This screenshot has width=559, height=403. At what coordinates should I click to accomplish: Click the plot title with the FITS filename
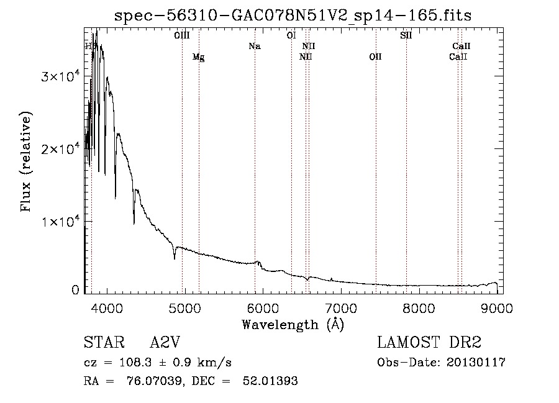click(293, 16)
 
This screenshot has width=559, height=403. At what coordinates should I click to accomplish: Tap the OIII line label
click(182, 35)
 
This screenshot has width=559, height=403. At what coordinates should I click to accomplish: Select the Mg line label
click(198, 57)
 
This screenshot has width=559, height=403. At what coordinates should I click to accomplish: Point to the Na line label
click(254, 46)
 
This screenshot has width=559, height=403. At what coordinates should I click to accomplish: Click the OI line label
click(291, 35)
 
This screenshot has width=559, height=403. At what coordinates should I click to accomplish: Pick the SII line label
click(406, 35)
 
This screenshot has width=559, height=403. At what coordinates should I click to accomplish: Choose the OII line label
click(375, 57)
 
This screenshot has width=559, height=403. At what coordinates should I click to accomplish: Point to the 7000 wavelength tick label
click(341, 309)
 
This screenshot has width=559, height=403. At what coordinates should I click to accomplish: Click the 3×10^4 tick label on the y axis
click(60, 76)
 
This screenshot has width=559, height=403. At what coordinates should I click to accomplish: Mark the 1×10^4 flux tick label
click(60, 222)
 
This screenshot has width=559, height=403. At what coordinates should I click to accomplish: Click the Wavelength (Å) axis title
click(293, 324)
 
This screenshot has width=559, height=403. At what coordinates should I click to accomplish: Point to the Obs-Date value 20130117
click(475, 363)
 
